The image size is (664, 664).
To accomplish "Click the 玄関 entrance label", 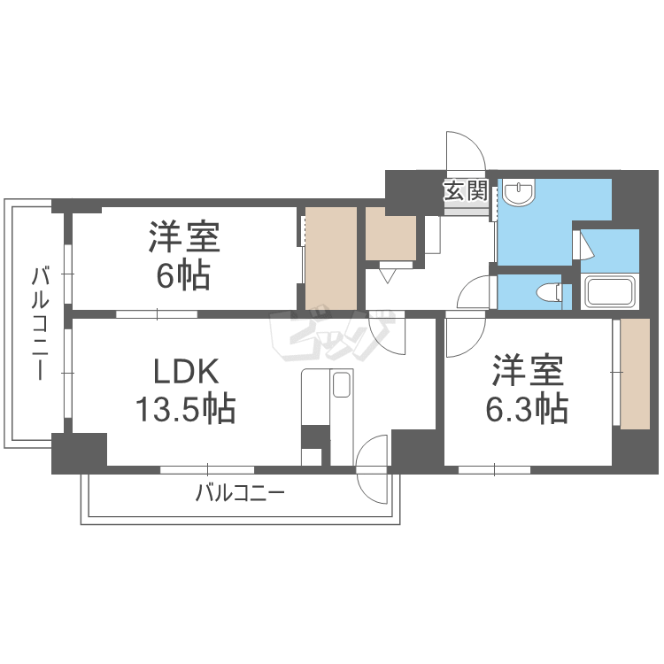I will (466, 189).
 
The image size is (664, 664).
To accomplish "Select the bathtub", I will (608, 291).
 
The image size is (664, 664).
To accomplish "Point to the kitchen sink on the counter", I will (342, 383).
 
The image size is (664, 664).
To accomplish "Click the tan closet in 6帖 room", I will (331, 258).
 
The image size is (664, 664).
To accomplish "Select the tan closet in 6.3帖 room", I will (635, 373).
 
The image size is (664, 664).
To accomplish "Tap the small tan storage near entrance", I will (390, 234).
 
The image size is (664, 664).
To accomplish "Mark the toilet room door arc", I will (476, 292).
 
